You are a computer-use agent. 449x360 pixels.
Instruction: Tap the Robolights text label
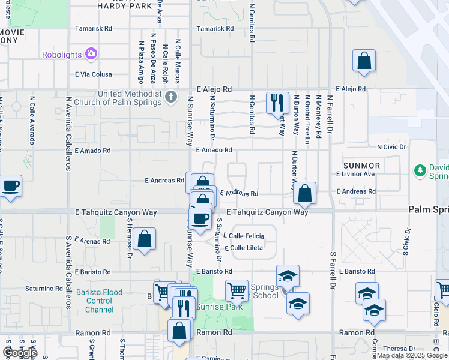[x=62, y=55]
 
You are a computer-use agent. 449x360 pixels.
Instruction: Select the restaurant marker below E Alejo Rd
[x=277, y=103]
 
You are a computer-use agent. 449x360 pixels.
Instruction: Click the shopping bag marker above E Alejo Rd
[x=364, y=61]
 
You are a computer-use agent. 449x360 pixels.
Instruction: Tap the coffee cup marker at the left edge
[x=10, y=186]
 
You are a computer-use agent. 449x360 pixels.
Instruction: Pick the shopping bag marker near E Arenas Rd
[x=145, y=239]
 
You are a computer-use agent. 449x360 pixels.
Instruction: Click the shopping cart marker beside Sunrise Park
[x=237, y=291]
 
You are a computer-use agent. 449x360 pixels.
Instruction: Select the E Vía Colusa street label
[x=93, y=74]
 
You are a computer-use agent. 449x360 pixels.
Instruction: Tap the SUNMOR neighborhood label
[x=361, y=165]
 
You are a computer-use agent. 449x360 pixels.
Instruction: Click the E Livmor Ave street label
[x=355, y=174]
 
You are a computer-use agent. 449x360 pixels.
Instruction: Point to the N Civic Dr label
[x=391, y=146]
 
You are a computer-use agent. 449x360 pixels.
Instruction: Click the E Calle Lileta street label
[x=243, y=248]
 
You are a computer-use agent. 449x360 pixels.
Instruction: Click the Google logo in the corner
[x=19, y=352]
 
